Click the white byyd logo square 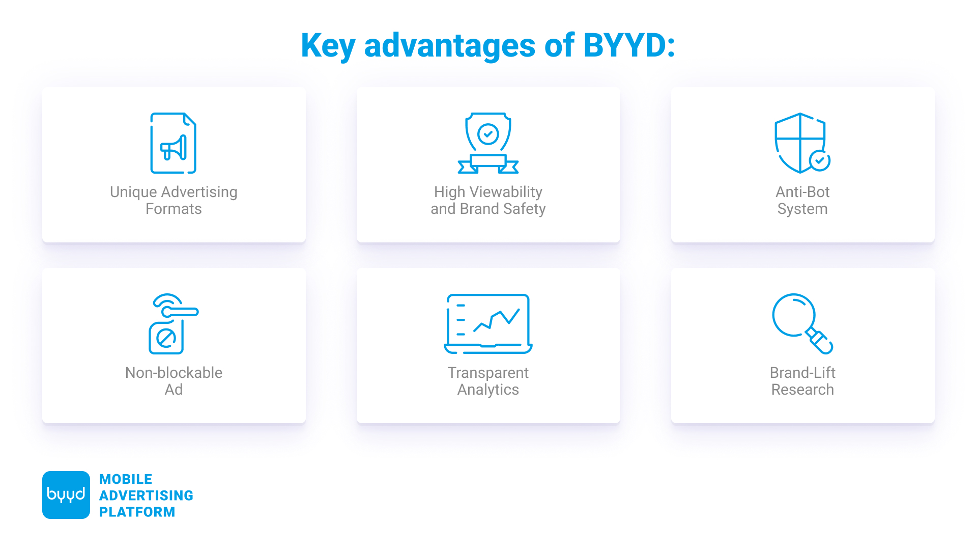click(66, 495)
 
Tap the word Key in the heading click(328, 46)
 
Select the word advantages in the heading click(450, 46)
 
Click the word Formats click(174, 209)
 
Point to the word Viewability click(506, 193)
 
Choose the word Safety click(524, 209)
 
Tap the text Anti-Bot click(802, 192)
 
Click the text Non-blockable click(174, 373)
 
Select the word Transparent click(488, 373)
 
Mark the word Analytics click(488, 390)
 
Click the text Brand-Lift click(802, 373)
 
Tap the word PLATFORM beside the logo click(137, 512)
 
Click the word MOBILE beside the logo click(126, 479)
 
